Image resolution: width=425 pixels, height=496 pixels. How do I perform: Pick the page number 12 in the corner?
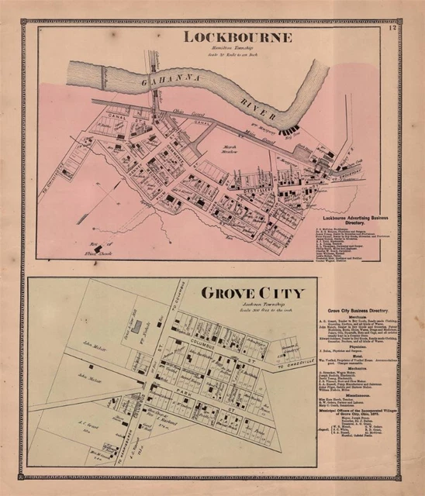tap(393, 29)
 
